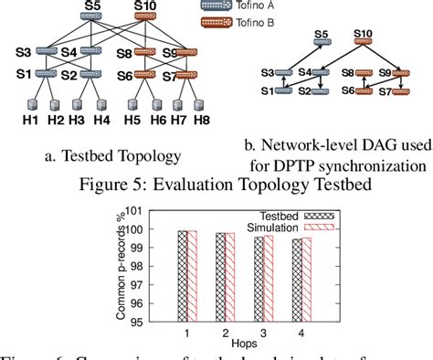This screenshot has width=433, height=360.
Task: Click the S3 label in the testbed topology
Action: click(22, 53)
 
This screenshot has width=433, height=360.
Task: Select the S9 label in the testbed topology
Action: click(170, 53)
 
